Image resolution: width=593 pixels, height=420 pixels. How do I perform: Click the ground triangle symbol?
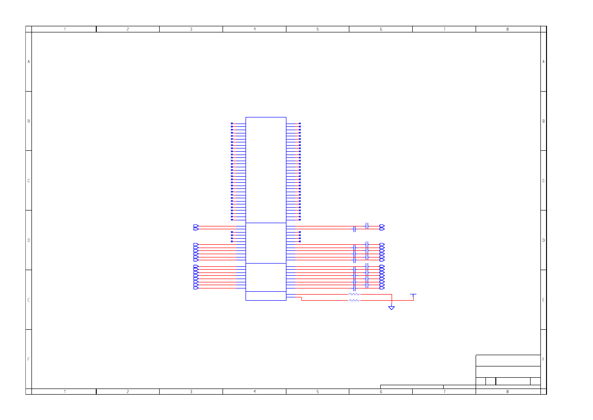pos(392,308)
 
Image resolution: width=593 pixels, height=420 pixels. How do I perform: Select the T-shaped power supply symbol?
pos(413,295)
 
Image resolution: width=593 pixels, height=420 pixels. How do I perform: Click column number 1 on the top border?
pos(65,29)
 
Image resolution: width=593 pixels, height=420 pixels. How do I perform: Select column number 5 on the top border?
pos(318,29)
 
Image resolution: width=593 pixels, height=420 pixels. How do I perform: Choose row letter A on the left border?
pos(29,62)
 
